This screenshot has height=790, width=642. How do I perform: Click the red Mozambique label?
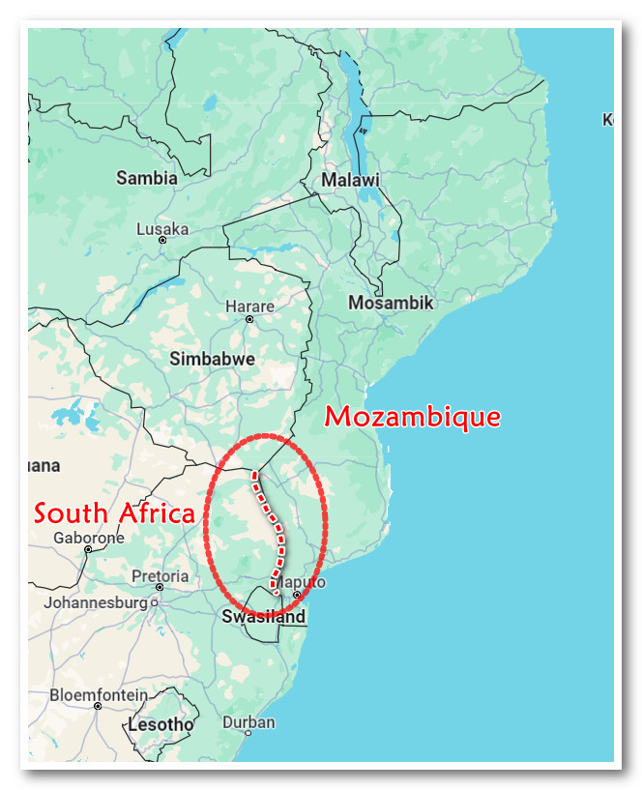pos(413,418)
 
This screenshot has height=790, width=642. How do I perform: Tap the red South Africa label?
pos(114,513)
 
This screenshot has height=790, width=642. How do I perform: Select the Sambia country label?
pos(147,178)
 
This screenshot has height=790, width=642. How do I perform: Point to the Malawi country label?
pos(350,181)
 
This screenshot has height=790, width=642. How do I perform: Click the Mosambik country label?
pos(391,304)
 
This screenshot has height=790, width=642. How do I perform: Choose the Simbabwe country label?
pos(213,359)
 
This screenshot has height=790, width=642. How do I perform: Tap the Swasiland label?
pos(263,617)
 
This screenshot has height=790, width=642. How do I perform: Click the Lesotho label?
pos(160,724)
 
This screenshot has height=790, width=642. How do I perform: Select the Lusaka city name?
pos(162,229)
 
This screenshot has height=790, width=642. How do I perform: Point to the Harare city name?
pos(249,307)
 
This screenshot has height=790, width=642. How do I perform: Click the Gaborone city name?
pos(89,538)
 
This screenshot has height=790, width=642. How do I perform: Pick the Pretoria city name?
pos(160,576)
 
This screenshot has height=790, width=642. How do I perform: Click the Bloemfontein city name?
pos(99,694)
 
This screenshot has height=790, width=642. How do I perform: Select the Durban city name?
pos(248,722)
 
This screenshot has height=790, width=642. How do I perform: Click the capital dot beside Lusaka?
pos(162,240)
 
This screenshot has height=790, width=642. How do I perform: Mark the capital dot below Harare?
pos(249,318)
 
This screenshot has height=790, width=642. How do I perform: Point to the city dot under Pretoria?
pos(160,587)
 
